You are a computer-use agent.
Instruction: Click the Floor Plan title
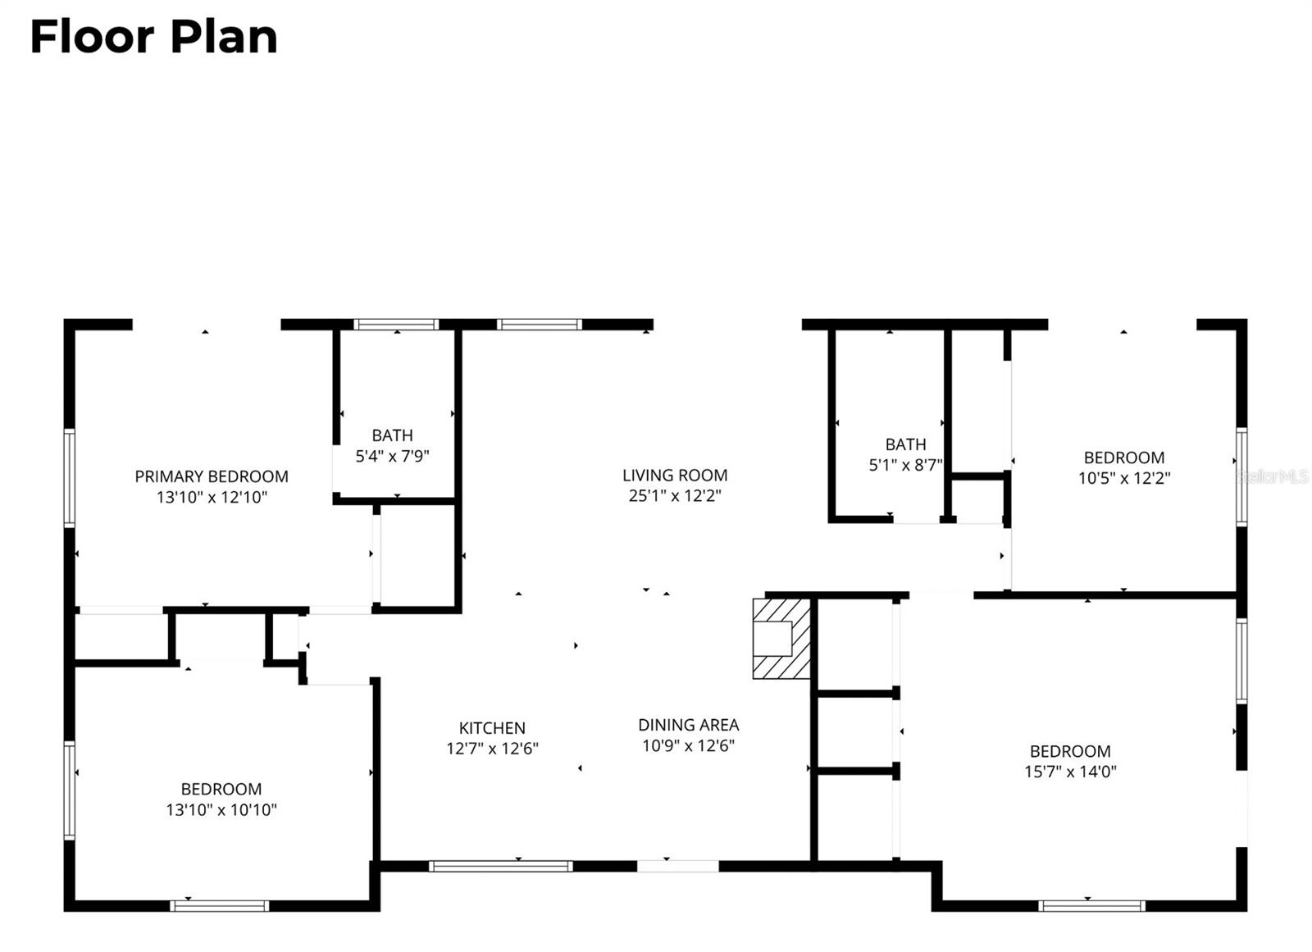(x=153, y=38)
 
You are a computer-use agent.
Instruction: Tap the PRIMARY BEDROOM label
(x=212, y=476)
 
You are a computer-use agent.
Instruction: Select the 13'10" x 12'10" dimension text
(x=212, y=497)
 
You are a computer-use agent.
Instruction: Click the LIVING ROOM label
(x=675, y=475)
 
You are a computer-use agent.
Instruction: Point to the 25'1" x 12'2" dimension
(x=675, y=495)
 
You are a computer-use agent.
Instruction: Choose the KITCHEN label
(x=492, y=727)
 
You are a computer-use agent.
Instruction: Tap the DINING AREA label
(x=689, y=725)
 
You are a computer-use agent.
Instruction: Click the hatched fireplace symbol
(x=781, y=638)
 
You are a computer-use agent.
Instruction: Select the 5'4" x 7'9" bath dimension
(x=392, y=456)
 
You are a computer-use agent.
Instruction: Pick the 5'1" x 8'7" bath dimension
(x=905, y=465)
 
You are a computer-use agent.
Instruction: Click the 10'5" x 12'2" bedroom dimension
(x=1123, y=478)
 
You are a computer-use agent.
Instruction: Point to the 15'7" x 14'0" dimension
(x=1070, y=772)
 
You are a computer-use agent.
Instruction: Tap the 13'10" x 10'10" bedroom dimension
(x=221, y=810)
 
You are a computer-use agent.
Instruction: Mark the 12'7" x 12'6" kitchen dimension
(x=492, y=749)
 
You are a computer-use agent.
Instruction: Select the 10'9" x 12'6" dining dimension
(x=689, y=745)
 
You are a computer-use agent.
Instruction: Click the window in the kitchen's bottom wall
(x=500, y=866)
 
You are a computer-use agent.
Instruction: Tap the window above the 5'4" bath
(x=396, y=325)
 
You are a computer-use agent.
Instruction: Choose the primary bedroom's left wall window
(x=70, y=478)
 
